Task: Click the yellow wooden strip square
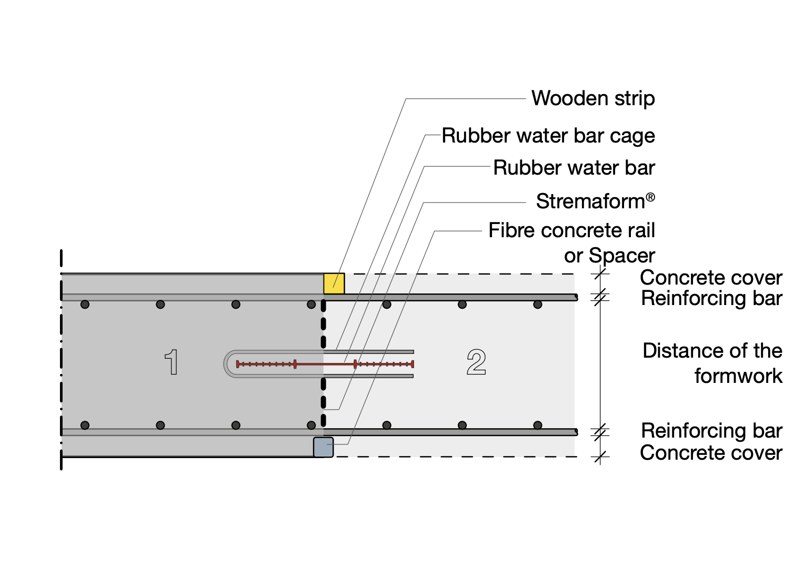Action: click(x=334, y=283)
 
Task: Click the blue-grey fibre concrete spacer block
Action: click(x=323, y=447)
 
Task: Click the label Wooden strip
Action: click(x=592, y=98)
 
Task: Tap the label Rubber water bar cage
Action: click(x=548, y=136)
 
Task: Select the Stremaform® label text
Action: click(x=595, y=201)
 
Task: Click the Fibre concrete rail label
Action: click(x=571, y=230)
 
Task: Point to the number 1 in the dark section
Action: click(x=172, y=362)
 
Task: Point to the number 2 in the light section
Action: click(x=476, y=362)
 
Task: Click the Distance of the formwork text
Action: click(x=712, y=363)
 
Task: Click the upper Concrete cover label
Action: click(x=710, y=277)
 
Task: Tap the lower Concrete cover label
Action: click(x=710, y=452)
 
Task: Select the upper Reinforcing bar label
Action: click(x=711, y=298)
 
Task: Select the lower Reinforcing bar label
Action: click(x=711, y=431)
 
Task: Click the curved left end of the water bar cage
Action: click(x=227, y=364)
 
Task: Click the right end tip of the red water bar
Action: click(x=413, y=364)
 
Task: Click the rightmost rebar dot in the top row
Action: click(x=537, y=305)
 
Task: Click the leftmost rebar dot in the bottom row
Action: click(x=85, y=425)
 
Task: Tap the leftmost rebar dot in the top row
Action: click(x=85, y=305)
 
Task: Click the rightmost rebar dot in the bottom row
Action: click(x=537, y=425)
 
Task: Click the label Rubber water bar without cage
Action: click(x=574, y=168)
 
